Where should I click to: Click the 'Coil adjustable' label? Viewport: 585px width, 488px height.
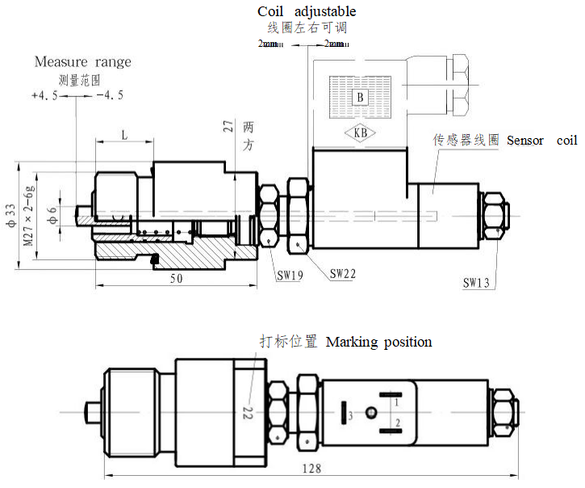[306, 11]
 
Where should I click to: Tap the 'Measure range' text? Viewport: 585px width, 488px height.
[82, 61]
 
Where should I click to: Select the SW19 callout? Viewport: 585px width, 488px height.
[290, 276]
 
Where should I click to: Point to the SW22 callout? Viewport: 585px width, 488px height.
[342, 274]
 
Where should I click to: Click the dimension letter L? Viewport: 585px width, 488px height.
[124, 135]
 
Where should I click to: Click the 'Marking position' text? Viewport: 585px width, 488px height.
[378, 342]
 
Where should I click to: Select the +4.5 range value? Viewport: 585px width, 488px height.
[44, 95]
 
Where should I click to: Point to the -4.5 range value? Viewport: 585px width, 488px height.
[109, 95]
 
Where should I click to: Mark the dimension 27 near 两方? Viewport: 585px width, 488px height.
[228, 125]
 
